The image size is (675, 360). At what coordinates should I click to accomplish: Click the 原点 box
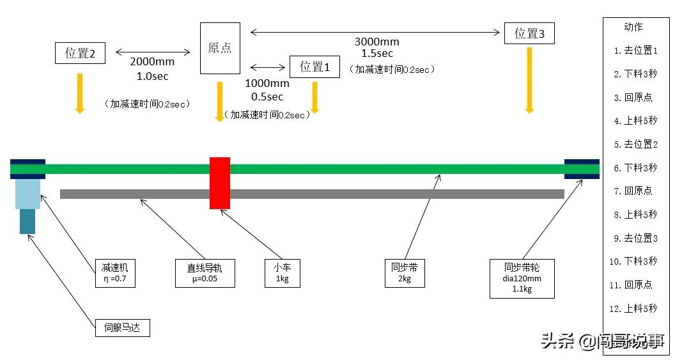(220, 48)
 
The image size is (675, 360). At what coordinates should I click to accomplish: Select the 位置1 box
(314, 67)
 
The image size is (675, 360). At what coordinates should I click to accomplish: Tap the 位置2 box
(81, 53)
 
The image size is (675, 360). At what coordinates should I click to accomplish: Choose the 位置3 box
(529, 34)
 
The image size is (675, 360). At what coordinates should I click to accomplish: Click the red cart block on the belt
(219, 183)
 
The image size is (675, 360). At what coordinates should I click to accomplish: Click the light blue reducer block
(27, 194)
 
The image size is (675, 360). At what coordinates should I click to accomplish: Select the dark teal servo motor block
(27, 221)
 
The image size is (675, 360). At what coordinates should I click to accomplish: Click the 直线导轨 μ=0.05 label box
(200, 273)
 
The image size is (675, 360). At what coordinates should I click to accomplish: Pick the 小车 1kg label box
(283, 273)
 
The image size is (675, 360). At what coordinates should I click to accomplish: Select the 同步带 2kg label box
(405, 273)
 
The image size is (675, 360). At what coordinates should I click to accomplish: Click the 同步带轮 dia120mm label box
(522, 278)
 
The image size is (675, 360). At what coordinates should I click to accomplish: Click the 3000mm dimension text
(376, 42)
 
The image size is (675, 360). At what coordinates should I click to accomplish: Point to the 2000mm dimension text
(152, 63)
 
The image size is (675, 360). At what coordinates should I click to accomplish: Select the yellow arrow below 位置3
(529, 81)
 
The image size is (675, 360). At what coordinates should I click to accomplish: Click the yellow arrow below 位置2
(80, 93)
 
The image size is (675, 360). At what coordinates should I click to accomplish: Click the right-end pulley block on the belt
(582, 169)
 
